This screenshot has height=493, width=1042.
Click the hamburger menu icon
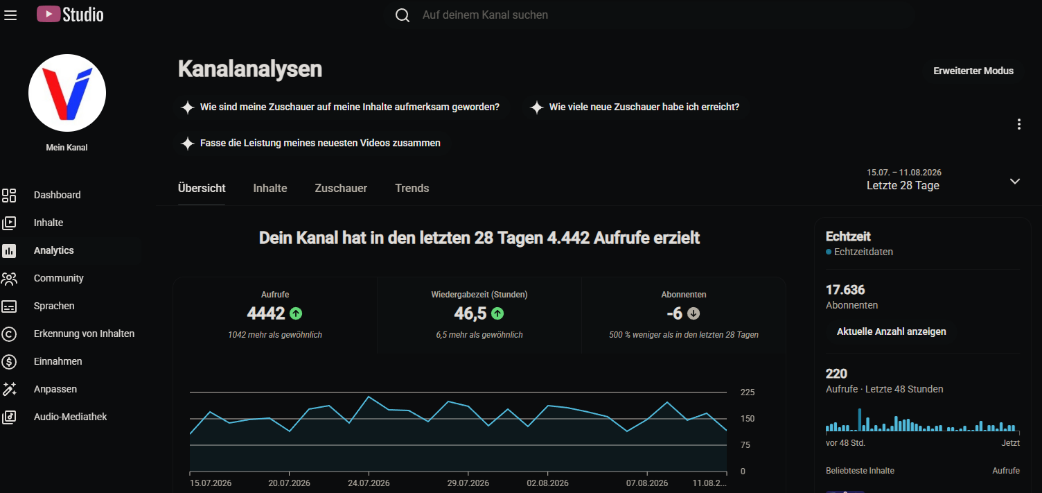(10, 15)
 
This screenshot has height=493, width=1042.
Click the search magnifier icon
(403, 15)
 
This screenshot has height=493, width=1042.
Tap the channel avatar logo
(67, 93)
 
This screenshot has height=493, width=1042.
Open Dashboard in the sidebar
(57, 195)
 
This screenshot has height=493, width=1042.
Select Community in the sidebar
(59, 278)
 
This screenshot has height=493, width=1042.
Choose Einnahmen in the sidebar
(58, 362)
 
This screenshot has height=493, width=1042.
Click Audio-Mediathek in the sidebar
(70, 417)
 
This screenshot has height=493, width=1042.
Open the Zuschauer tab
(341, 188)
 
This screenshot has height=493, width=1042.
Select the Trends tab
(412, 188)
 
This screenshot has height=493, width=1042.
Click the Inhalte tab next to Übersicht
(270, 188)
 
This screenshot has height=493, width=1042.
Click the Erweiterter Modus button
(973, 71)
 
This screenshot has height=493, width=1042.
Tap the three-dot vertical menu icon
(1018, 124)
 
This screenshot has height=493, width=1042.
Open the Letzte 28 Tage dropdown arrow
(1015, 181)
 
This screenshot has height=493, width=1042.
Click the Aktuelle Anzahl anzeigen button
(891, 331)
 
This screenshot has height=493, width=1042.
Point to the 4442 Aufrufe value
(265, 313)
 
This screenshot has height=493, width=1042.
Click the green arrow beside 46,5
(497, 313)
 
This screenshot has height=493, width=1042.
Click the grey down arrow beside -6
(693, 313)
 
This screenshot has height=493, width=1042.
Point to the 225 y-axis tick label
(748, 392)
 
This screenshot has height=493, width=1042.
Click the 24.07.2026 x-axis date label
(369, 483)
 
